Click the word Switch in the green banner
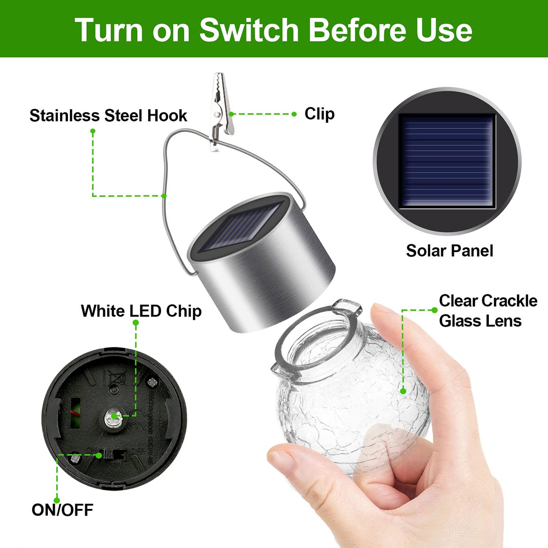(x=249, y=30)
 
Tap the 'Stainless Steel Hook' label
(x=108, y=116)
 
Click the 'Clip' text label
(x=319, y=114)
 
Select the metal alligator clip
(x=220, y=110)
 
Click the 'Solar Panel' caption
(x=449, y=251)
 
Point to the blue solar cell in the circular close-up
(x=447, y=161)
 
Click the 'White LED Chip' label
(x=141, y=311)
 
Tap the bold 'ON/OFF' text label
(x=62, y=510)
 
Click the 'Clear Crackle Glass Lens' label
(x=488, y=311)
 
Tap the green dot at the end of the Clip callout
(x=294, y=114)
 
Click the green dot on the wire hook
(x=164, y=196)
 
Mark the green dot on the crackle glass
(x=403, y=391)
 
